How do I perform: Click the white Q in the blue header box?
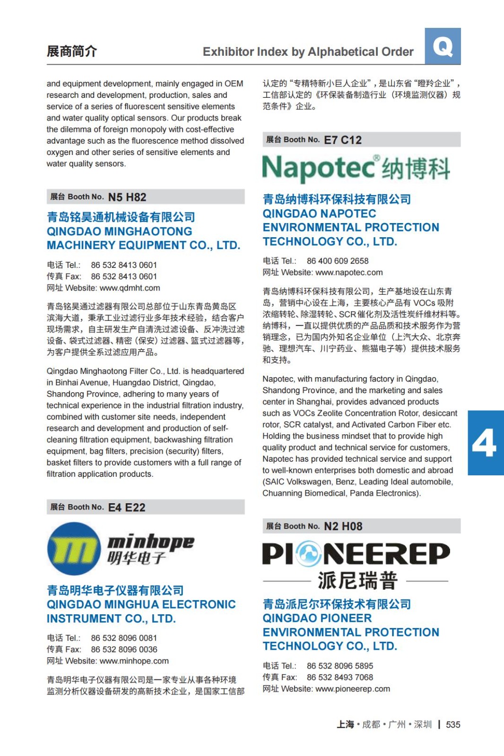443,46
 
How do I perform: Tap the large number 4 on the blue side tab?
484,443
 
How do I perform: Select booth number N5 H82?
127,197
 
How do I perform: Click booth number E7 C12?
343,140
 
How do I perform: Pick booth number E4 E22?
127,507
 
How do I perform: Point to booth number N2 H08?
343,526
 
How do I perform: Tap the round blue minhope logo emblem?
74,549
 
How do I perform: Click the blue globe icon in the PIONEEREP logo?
310,554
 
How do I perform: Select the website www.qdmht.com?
130,288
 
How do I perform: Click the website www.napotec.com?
349,272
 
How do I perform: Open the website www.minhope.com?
134,661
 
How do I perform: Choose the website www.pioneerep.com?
353,689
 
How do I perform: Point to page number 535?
453,725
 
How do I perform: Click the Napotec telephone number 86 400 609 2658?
338,261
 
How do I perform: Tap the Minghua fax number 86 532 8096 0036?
124,650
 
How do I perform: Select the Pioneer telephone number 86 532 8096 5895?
340,666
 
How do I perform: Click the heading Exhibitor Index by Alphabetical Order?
308,52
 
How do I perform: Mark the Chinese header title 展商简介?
72,51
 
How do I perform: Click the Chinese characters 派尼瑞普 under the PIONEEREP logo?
357,581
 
